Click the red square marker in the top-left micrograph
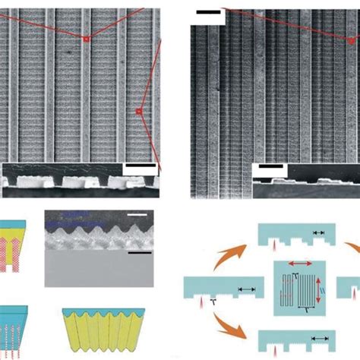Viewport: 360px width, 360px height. [x=87, y=39]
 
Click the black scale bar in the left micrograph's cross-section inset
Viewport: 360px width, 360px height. [x=137, y=166]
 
